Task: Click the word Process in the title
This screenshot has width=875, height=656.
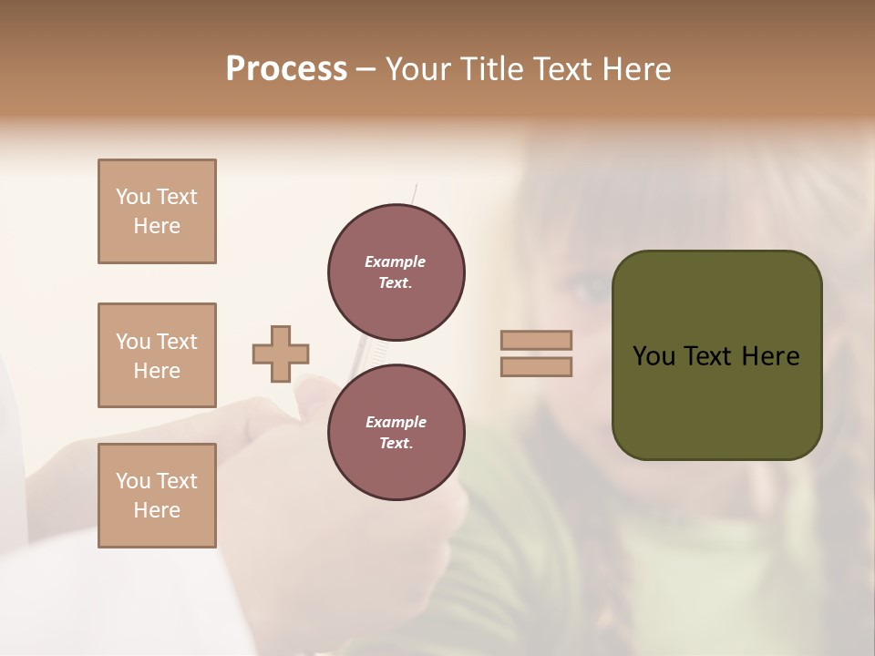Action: [x=286, y=69]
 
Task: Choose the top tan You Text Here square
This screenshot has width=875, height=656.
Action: [x=157, y=211]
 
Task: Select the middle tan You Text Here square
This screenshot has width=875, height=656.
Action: [x=157, y=355]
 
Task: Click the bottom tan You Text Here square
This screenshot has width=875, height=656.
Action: [x=157, y=496]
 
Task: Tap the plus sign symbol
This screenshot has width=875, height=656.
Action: [x=281, y=354]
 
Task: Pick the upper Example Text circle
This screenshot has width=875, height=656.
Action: [x=396, y=272]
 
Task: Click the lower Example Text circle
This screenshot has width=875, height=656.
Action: [x=396, y=433]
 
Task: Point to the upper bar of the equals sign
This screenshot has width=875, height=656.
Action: [x=536, y=341]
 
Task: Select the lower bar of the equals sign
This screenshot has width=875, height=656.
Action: [x=536, y=366]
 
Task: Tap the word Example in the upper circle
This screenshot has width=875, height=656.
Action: [x=396, y=261]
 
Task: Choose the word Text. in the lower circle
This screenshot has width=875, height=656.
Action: [x=396, y=444]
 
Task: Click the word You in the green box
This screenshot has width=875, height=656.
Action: [x=654, y=356]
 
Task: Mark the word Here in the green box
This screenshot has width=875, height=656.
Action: [x=770, y=356]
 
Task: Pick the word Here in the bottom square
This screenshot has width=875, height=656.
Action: [x=157, y=510]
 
